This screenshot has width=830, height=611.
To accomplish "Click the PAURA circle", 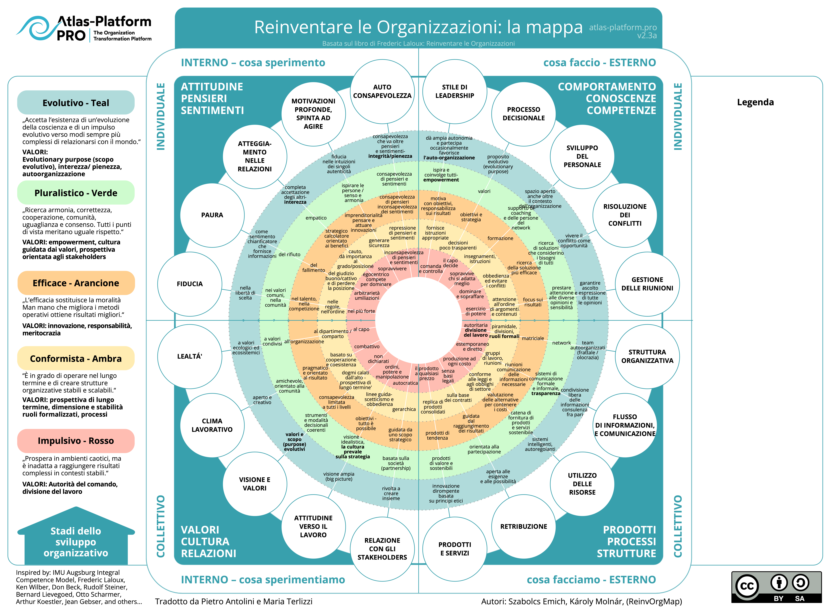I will point(212,215).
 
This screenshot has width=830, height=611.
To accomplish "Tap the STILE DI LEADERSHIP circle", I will point(455,91).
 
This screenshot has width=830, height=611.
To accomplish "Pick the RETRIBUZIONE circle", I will point(523,526).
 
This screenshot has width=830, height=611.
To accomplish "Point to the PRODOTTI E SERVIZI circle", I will point(455,549).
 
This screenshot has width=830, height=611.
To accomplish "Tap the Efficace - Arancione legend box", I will point(76,283).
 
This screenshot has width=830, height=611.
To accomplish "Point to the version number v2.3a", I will point(647,36).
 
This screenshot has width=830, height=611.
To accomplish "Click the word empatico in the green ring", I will point(316,218).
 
